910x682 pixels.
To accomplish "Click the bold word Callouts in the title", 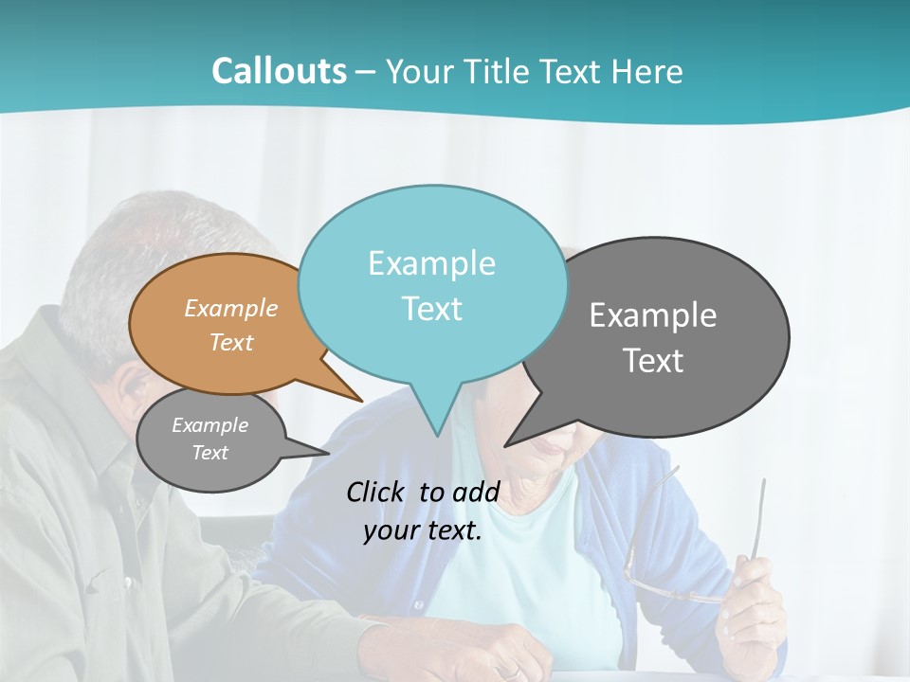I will coord(279,71).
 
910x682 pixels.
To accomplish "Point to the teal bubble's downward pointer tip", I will coord(436,435).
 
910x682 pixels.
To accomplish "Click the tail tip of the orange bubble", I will coord(361,400).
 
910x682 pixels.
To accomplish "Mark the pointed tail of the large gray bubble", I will coord(506,444).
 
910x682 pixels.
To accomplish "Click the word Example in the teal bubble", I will coord(431,263).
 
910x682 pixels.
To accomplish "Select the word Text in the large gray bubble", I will coord(654,361).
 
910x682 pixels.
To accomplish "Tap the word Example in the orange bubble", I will coord(231,309).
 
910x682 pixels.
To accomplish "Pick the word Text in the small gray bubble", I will coord(210,453).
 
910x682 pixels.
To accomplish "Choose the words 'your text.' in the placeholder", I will coord(423,530).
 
